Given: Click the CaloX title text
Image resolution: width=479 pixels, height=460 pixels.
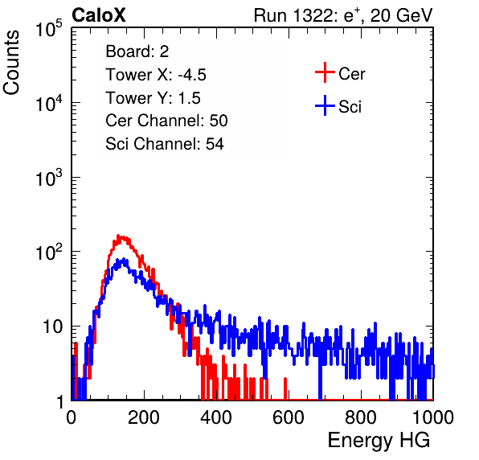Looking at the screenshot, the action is (98, 15).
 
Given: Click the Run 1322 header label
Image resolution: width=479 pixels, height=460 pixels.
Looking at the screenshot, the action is (343, 15).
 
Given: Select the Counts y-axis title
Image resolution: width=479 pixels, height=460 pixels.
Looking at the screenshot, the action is (11, 62).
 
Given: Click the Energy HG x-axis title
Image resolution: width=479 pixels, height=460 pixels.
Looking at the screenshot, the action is (379, 441).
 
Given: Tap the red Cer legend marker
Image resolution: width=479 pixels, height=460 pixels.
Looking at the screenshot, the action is (325, 72).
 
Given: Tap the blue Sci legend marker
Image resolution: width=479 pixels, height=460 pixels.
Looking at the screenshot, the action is (325, 105).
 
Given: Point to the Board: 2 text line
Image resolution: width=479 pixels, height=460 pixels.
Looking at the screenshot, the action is (137, 51).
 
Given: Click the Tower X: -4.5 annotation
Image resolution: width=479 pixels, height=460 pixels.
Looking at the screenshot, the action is (156, 75).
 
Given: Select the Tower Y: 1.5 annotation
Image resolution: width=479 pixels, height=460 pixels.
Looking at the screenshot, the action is (153, 98).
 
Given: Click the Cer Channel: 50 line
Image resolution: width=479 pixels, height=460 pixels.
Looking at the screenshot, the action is (166, 121).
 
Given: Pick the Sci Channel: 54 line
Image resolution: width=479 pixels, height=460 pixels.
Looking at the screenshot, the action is (165, 144).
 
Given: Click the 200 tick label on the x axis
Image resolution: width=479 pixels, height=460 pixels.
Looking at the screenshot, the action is (144, 417).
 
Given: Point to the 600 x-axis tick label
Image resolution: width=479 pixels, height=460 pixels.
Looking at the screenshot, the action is (289, 417).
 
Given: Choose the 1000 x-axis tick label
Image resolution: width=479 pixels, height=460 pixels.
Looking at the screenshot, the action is (433, 417).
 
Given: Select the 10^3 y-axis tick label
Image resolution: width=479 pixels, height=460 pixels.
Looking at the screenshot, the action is (49, 178).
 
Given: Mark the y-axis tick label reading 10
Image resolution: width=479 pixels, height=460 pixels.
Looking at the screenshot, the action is (52, 327).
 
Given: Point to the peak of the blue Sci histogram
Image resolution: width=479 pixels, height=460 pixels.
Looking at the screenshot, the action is (124, 259).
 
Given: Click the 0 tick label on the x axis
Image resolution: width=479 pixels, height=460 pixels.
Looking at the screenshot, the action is (72, 417).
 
